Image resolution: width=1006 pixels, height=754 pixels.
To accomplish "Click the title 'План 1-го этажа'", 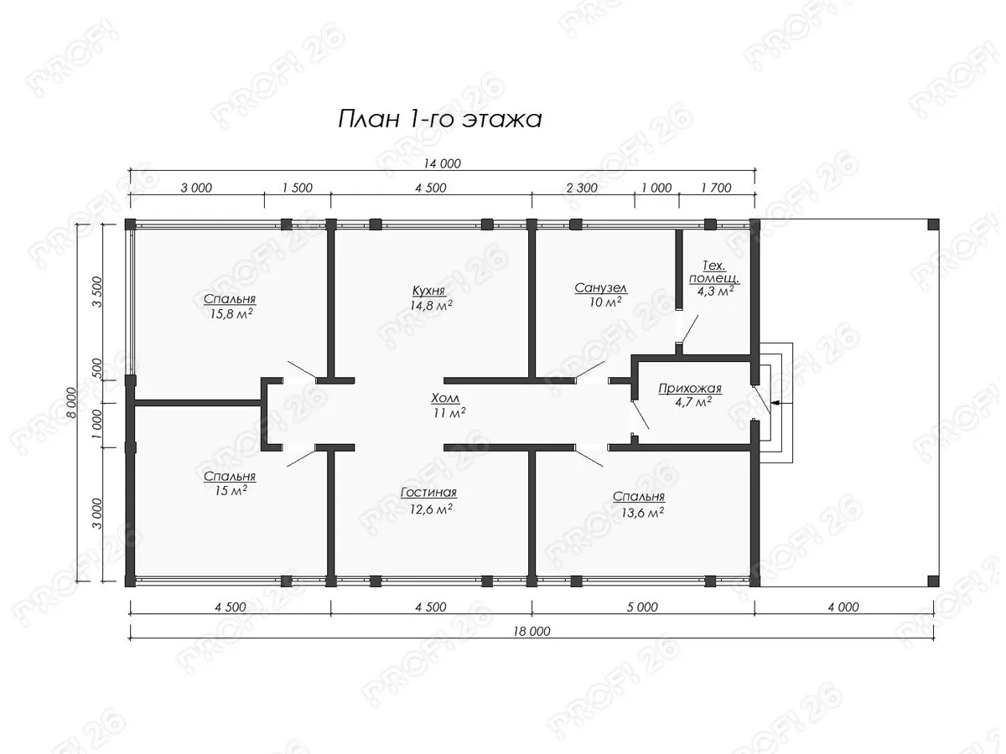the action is coord(440,120).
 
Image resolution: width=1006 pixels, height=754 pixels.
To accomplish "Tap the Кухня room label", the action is coord(428,291).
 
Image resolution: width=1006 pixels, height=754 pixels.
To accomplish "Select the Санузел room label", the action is coord(600,288).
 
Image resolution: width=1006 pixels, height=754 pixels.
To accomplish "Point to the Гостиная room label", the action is coord(428,493).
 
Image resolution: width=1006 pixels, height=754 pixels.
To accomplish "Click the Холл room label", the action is coord(445,398).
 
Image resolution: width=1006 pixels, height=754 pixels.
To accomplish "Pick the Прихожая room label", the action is coord(690,389).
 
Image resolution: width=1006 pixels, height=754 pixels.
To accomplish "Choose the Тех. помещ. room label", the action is coord(714,272).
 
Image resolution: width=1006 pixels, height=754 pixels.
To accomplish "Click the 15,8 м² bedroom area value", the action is coord(231,313).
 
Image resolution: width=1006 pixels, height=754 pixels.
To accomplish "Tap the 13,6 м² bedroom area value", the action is coord(642,513).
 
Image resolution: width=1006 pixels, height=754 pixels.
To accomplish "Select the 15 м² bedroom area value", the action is coord(231,490).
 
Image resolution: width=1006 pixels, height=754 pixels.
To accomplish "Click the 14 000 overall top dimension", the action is coord(442,163).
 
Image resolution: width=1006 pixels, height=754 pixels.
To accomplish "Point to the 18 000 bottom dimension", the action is coord(532,632).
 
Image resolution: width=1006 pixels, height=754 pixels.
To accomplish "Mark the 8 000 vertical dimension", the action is coord(71,402).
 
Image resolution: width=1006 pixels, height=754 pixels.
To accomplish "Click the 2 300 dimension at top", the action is coord(582,188).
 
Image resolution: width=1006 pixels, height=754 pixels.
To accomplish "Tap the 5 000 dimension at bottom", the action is coord(642,607).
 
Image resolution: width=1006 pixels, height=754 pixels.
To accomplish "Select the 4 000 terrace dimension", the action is coord(843,607).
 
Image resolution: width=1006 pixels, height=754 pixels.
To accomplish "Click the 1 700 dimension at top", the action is coord(716,188).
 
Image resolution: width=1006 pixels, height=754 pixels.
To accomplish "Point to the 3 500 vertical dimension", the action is coord(97,292).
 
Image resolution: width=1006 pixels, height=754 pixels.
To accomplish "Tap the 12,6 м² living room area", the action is coord(431,509).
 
